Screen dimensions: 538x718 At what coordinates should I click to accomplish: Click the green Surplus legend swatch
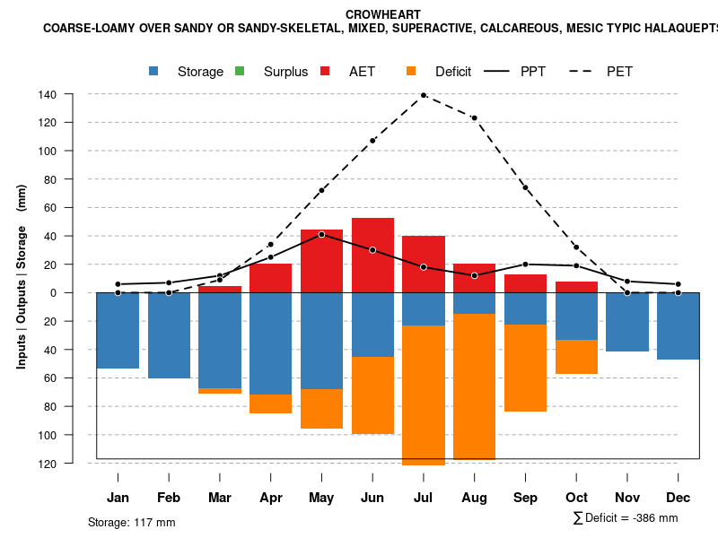pyautogui.click(x=240, y=71)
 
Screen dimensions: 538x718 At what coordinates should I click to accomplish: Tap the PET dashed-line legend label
pyautogui.click(x=619, y=72)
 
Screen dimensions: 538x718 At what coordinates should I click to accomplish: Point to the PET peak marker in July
pyautogui.click(x=424, y=95)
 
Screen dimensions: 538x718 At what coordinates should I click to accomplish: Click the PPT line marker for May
pyautogui.click(x=321, y=234)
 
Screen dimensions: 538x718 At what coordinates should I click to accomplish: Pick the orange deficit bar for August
pyautogui.click(x=474, y=386)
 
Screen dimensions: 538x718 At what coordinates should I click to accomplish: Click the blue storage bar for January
pyautogui.click(x=118, y=330)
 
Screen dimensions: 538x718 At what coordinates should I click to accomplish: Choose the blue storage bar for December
pyautogui.click(x=678, y=325)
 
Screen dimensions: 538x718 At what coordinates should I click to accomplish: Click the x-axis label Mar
pyautogui.click(x=220, y=498)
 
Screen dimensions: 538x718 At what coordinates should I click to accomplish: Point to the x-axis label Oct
pyautogui.click(x=576, y=498)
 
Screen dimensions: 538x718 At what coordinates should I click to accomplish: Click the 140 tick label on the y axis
pyautogui.click(x=73, y=94)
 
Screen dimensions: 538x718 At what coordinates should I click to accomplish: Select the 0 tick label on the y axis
pyautogui.click(x=78, y=293)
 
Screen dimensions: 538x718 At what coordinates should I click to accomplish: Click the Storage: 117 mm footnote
pyautogui.click(x=132, y=522)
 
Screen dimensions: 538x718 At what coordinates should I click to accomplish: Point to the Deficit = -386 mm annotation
pyautogui.click(x=626, y=517)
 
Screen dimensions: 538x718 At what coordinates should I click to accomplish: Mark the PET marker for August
pyautogui.click(x=474, y=117)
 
